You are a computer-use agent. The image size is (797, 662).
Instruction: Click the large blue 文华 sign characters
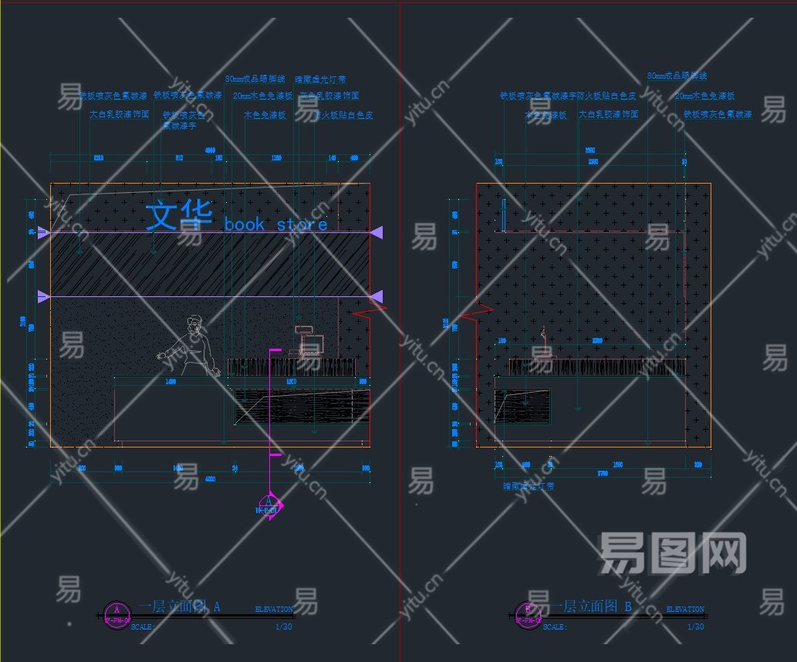click(179, 216)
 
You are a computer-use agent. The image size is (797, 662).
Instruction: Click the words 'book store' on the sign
click(275, 225)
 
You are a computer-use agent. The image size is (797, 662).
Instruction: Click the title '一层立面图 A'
click(181, 607)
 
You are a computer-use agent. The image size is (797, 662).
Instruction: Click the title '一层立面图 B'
click(590, 607)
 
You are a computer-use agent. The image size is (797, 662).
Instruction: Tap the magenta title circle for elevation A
click(117, 615)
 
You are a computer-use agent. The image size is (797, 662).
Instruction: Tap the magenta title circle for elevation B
click(528, 615)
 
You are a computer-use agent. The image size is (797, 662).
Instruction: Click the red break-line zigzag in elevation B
click(476, 312)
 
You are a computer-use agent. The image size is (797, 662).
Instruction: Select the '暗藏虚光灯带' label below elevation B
click(528, 486)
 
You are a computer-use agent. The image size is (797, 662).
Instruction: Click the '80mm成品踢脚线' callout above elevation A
click(255, 79)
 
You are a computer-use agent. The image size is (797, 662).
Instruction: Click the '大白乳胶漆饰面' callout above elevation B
click(609, 114)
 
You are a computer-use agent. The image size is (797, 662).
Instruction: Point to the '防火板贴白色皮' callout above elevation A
click(344, 115)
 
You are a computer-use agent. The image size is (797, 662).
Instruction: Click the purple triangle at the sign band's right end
click(377, 231)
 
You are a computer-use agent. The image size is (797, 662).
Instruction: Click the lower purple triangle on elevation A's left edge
click(44, 296)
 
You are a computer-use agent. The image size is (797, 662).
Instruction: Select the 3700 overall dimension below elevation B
click(591, 473)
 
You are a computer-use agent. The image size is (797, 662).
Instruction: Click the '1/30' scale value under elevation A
click(283, 627)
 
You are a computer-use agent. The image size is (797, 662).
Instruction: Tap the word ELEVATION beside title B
click(684, 610)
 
